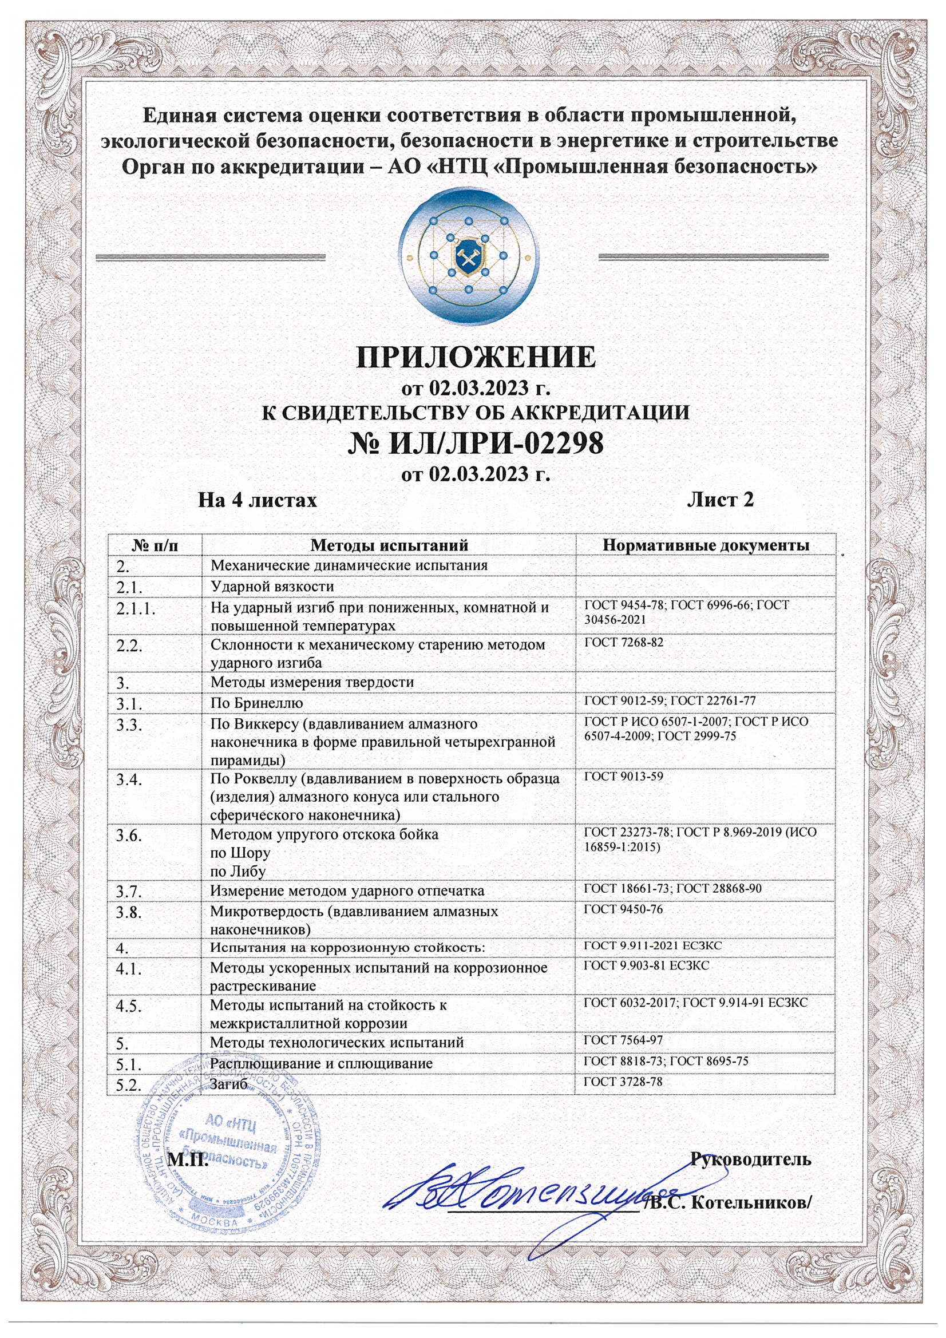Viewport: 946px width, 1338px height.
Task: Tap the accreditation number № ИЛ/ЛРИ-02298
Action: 476,444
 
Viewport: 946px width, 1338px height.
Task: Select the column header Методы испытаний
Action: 389,545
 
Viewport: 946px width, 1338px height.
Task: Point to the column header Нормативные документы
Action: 706,545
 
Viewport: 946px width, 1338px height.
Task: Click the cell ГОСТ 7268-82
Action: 624,643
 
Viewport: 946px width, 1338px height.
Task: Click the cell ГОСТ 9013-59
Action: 624,777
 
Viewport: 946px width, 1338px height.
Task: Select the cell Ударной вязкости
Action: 272,585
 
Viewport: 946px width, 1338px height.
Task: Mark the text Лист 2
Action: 720,500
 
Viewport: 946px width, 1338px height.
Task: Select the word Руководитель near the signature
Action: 751,1159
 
